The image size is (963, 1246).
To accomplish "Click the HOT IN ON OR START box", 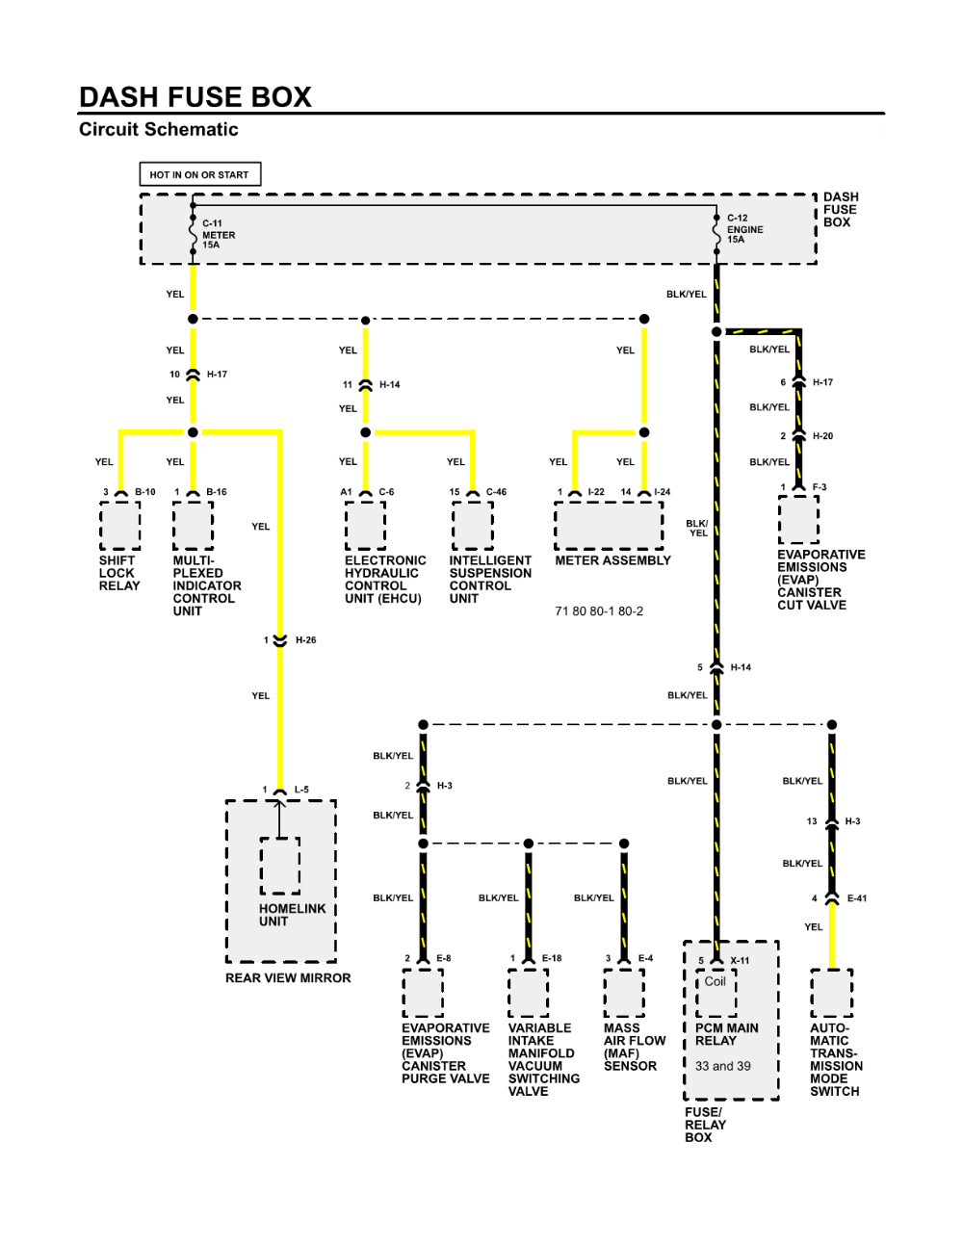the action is pos(200,174).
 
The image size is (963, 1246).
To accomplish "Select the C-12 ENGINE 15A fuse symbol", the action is pos(716,234).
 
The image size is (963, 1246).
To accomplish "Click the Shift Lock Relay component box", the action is pos(119,525).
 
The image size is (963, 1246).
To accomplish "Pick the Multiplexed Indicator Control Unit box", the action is pos(194,525).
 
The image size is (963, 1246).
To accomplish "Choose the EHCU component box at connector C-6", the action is pos(365,525).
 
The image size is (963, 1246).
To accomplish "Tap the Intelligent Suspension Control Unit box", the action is pos(472,525).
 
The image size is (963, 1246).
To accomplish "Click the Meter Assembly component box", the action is pos(609,525).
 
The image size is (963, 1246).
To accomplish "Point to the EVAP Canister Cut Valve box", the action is pos(798,520).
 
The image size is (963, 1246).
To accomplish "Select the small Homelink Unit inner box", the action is pos(279,866).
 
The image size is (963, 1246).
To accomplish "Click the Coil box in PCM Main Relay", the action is pos(716,993).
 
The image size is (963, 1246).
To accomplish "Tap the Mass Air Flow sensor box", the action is pos(624,993).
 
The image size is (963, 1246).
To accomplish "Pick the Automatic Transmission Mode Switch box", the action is pos(832,993).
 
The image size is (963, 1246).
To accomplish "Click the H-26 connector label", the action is pos(305,640).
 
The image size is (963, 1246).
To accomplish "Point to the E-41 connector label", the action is pos(857,898).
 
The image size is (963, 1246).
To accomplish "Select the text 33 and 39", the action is pos(723,1066).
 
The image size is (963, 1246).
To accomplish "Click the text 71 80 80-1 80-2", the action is pos(599,611).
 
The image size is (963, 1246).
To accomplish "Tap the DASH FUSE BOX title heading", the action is pos(195,97).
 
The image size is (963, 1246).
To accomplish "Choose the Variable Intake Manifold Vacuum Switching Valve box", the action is pos(529,993).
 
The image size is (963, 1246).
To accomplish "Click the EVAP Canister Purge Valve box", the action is pos(423,993).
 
